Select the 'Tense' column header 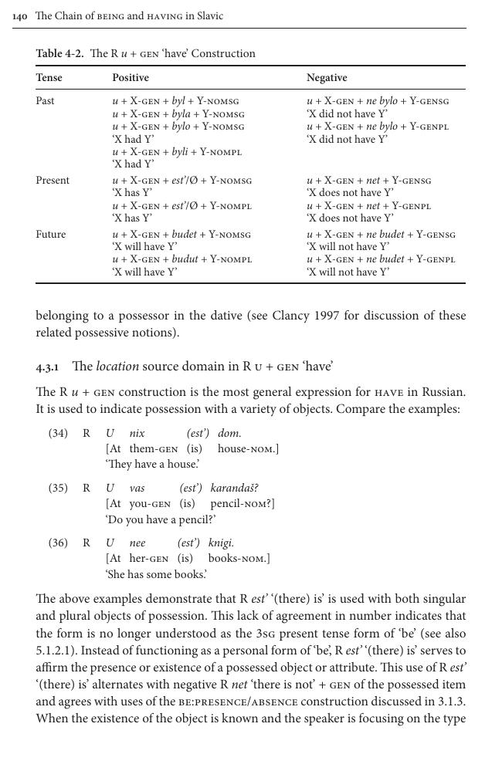tap(49, 78)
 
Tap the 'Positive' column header tap(131, 78)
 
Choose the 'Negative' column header tap(327, 78)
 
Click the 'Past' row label tap(46, 101)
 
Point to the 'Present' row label tap(53, 181)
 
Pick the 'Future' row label tap(51, 235)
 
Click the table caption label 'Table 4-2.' tap(60, 54)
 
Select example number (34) tap(58, 434)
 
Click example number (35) tap(58, 489)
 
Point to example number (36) tap(58, 543)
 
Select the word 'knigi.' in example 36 tap(221, 543)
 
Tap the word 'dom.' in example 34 tap(229, 434)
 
